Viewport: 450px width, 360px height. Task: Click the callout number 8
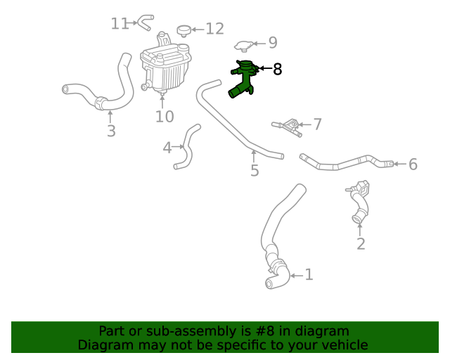pos(278,69)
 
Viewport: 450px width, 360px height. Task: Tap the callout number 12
pos(215,29)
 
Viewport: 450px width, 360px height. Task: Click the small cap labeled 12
pos(184,30)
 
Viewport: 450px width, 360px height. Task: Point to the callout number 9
pos(273,42)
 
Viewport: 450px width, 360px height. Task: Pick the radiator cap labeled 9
pos(244,46)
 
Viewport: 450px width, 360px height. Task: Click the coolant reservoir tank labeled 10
pos(165,64)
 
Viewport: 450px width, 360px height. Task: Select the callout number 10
pos(165,117)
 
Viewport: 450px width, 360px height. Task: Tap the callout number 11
pos(120,23)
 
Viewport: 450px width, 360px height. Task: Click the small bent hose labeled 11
pos(145,22)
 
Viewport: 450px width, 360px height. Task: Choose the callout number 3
pos(111,131)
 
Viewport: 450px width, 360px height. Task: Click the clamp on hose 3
pos(101,103)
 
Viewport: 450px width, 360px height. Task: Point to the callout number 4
pos(167,148)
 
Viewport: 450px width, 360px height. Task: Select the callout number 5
pos(255,171)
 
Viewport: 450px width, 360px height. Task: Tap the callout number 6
pos(413,165)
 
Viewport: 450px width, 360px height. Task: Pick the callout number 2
pos(361,244)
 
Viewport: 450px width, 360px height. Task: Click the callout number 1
pos(309,275)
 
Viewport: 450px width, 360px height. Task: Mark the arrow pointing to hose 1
pos(297,276)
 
